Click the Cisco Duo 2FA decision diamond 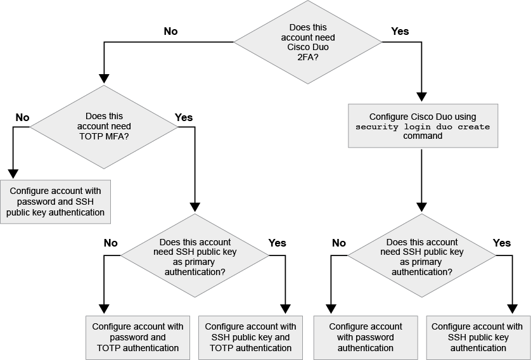point(308,42)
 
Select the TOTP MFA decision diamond point(104,125)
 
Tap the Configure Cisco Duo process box point(423,127)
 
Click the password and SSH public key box point(56,202)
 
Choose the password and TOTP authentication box point(138,337)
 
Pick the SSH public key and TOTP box point(250,337)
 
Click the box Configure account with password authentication point(366,337)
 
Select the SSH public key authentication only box point(478,337)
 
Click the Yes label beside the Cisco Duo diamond point(400,31)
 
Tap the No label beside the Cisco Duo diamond point(170,31)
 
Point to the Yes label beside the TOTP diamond point(183,117)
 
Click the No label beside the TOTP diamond point(22,117)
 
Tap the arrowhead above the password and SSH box point(13,174)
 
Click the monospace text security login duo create point(423,127)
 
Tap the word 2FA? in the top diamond point(308,57)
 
